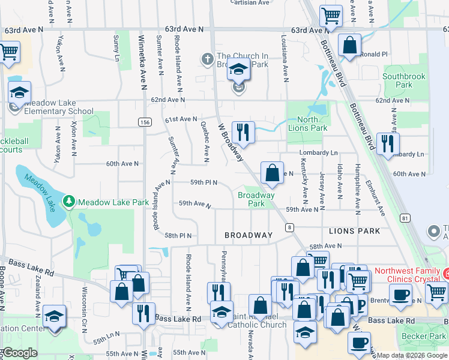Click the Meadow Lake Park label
click(x=113, y=202)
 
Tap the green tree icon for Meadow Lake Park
click(x=70, y=202)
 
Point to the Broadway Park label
click(x=256, y=199)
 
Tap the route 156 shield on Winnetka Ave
click(x=144, y=122)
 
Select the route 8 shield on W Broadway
click(x=289, y=227)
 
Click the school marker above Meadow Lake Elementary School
click(x=20, y=93)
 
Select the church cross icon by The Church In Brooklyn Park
click(x=208, y=59)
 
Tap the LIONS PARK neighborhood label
click(x=354, y=231)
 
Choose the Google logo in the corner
click(x=20, y=353)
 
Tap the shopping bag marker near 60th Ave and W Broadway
click(x=272, y=172)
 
